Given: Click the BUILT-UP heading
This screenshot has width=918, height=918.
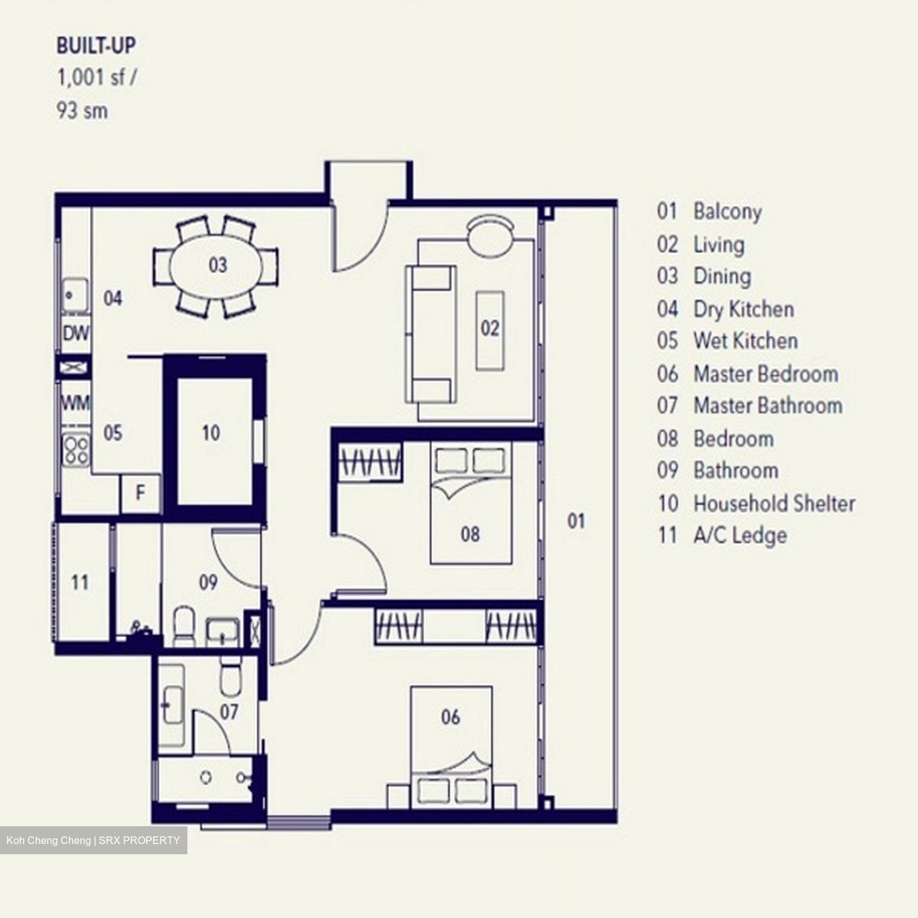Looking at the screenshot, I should tap(96, 46).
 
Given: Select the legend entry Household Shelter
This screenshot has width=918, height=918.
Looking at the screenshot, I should tap(774, 504).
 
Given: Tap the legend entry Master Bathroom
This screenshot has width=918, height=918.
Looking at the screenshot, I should tap(768, 405).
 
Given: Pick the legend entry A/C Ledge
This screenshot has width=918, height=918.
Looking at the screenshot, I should tap(739, 535).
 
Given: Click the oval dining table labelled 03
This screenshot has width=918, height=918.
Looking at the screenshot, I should tap(217, 265).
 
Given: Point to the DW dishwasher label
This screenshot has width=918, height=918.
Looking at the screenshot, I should tap(76, 333).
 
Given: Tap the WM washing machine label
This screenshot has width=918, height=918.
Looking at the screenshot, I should tap(75, 403).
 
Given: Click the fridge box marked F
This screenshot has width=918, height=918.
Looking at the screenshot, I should tap(140, 493).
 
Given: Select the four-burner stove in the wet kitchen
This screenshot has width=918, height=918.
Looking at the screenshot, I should tap(76, 449).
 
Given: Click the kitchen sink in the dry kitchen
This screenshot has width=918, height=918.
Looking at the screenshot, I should tap(75, 295).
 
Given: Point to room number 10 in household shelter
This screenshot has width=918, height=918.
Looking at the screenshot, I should tap(211, 433).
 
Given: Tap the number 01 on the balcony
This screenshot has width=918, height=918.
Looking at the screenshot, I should tap(576, 521).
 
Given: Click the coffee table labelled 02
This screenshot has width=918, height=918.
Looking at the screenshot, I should tap(490, 330).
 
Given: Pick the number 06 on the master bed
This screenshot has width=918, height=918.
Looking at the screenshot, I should tap(450, 717).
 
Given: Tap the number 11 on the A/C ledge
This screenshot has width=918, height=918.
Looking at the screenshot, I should tap(80, 582).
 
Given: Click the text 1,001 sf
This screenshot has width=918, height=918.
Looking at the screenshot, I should tap(96, 78).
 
